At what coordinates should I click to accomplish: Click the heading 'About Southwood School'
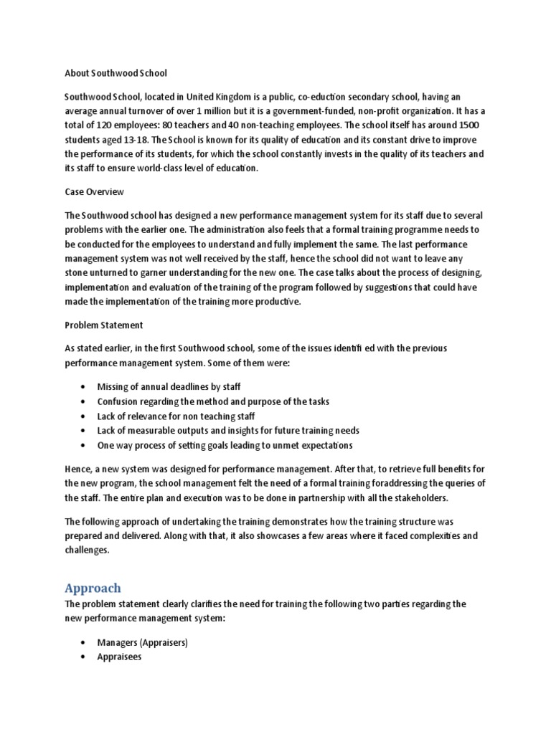pos(116,72)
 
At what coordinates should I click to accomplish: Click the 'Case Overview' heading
pos(95,192)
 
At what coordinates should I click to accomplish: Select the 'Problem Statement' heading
pos(104,325)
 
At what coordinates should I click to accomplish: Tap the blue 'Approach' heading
pos(93,588)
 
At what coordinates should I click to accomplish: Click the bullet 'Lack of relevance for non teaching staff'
pos(176,416)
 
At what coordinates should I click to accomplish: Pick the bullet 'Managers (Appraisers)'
pos(142,643)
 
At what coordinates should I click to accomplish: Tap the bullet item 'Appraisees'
pos(119,657)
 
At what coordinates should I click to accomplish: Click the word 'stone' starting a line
pos(77,272)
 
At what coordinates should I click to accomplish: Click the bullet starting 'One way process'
pos(225,446)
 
